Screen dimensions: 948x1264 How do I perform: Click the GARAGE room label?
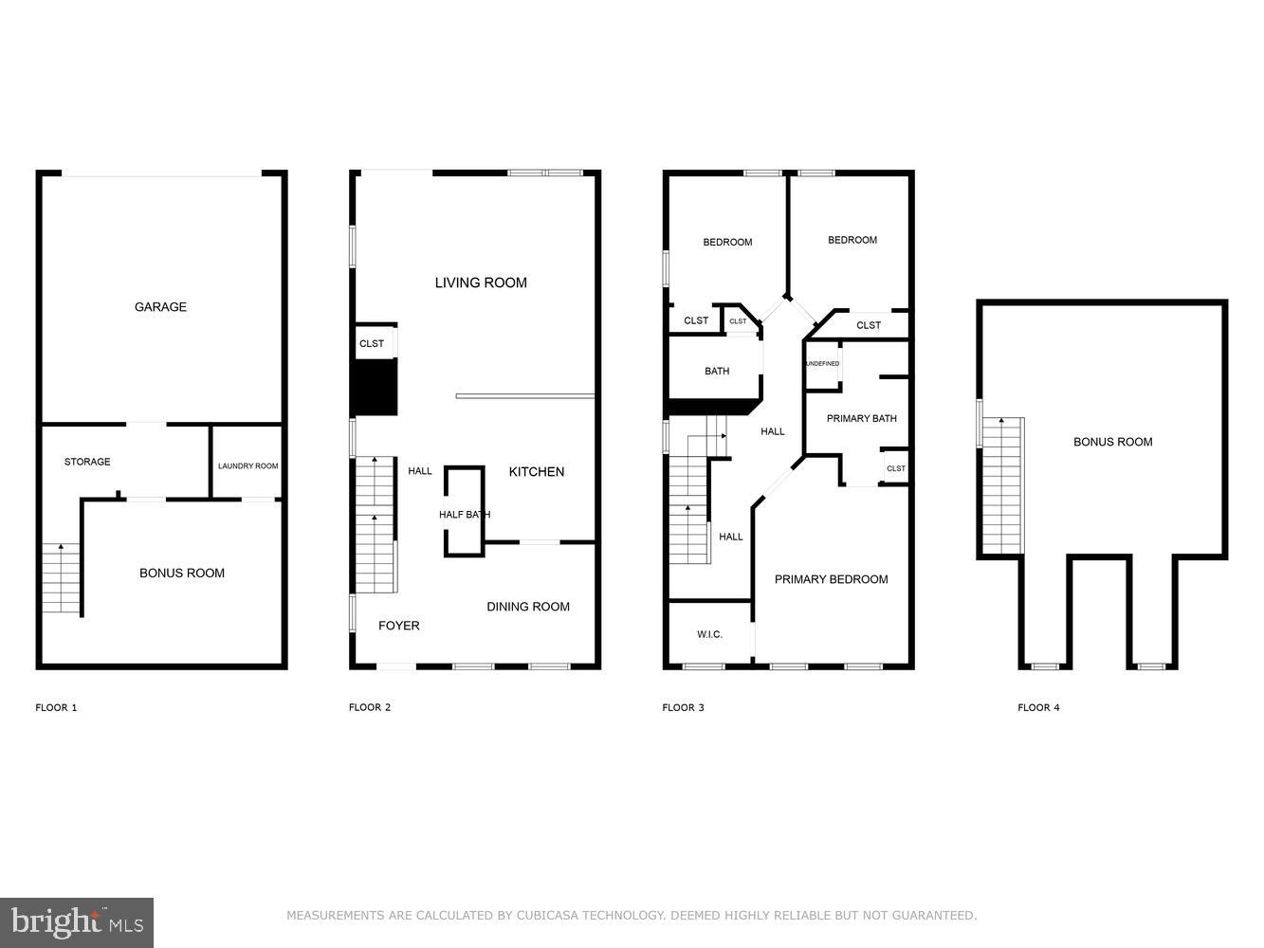[160, 307]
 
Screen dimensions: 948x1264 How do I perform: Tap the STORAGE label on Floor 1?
[87, 462]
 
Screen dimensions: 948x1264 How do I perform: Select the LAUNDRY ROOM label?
[247, 466]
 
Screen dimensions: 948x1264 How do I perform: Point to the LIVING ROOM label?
[481, 283]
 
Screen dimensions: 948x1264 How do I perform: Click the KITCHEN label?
[537, 472]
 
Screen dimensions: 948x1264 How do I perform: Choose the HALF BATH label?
[464, 515]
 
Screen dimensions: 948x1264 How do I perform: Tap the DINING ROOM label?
[528, 607]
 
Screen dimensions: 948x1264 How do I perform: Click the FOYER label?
[398, 626]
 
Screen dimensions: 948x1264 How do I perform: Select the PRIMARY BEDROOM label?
[831, 579]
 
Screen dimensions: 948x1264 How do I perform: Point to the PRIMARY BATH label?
[861, 419]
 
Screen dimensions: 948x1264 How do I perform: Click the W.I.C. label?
[709, 634]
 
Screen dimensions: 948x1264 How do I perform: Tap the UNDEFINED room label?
[822, 364]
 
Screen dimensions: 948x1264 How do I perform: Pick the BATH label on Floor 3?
[717, 372]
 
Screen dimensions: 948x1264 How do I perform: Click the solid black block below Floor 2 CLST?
[374, 388]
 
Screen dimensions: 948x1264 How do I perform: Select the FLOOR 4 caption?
[1038, 707]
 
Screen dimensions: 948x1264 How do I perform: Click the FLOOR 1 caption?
[56, 707]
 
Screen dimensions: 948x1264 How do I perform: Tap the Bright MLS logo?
[77, 922]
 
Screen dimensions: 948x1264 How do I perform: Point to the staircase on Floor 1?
[61, 577]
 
